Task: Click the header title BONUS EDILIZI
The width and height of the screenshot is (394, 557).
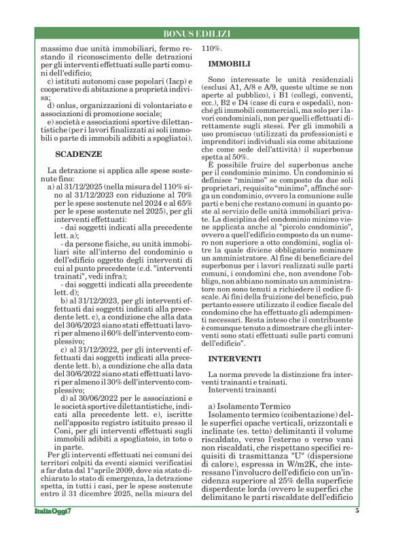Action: pos(196,34)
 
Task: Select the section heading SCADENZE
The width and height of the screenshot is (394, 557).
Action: pos(78,154)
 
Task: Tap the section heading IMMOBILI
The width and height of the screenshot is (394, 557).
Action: pos(227,62)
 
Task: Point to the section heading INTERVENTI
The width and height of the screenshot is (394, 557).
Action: pos(234,358)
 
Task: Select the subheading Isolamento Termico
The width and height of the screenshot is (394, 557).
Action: pos(240,406)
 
